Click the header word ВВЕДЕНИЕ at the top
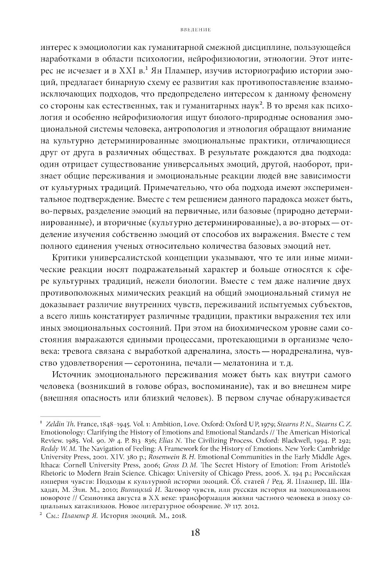(192, 29)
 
